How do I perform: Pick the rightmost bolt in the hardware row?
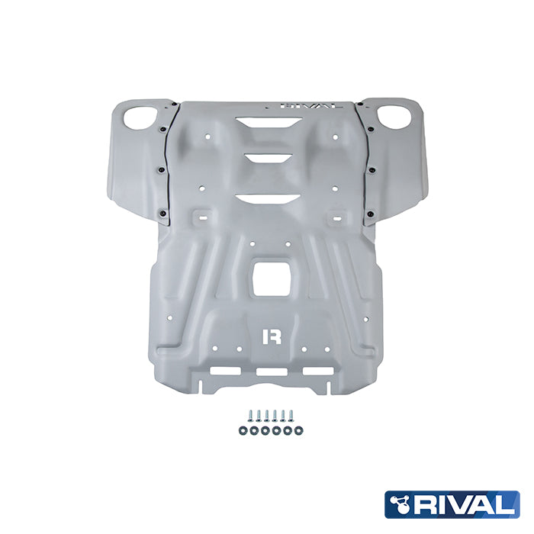(291, 416)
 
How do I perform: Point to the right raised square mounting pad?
(336, 216)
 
